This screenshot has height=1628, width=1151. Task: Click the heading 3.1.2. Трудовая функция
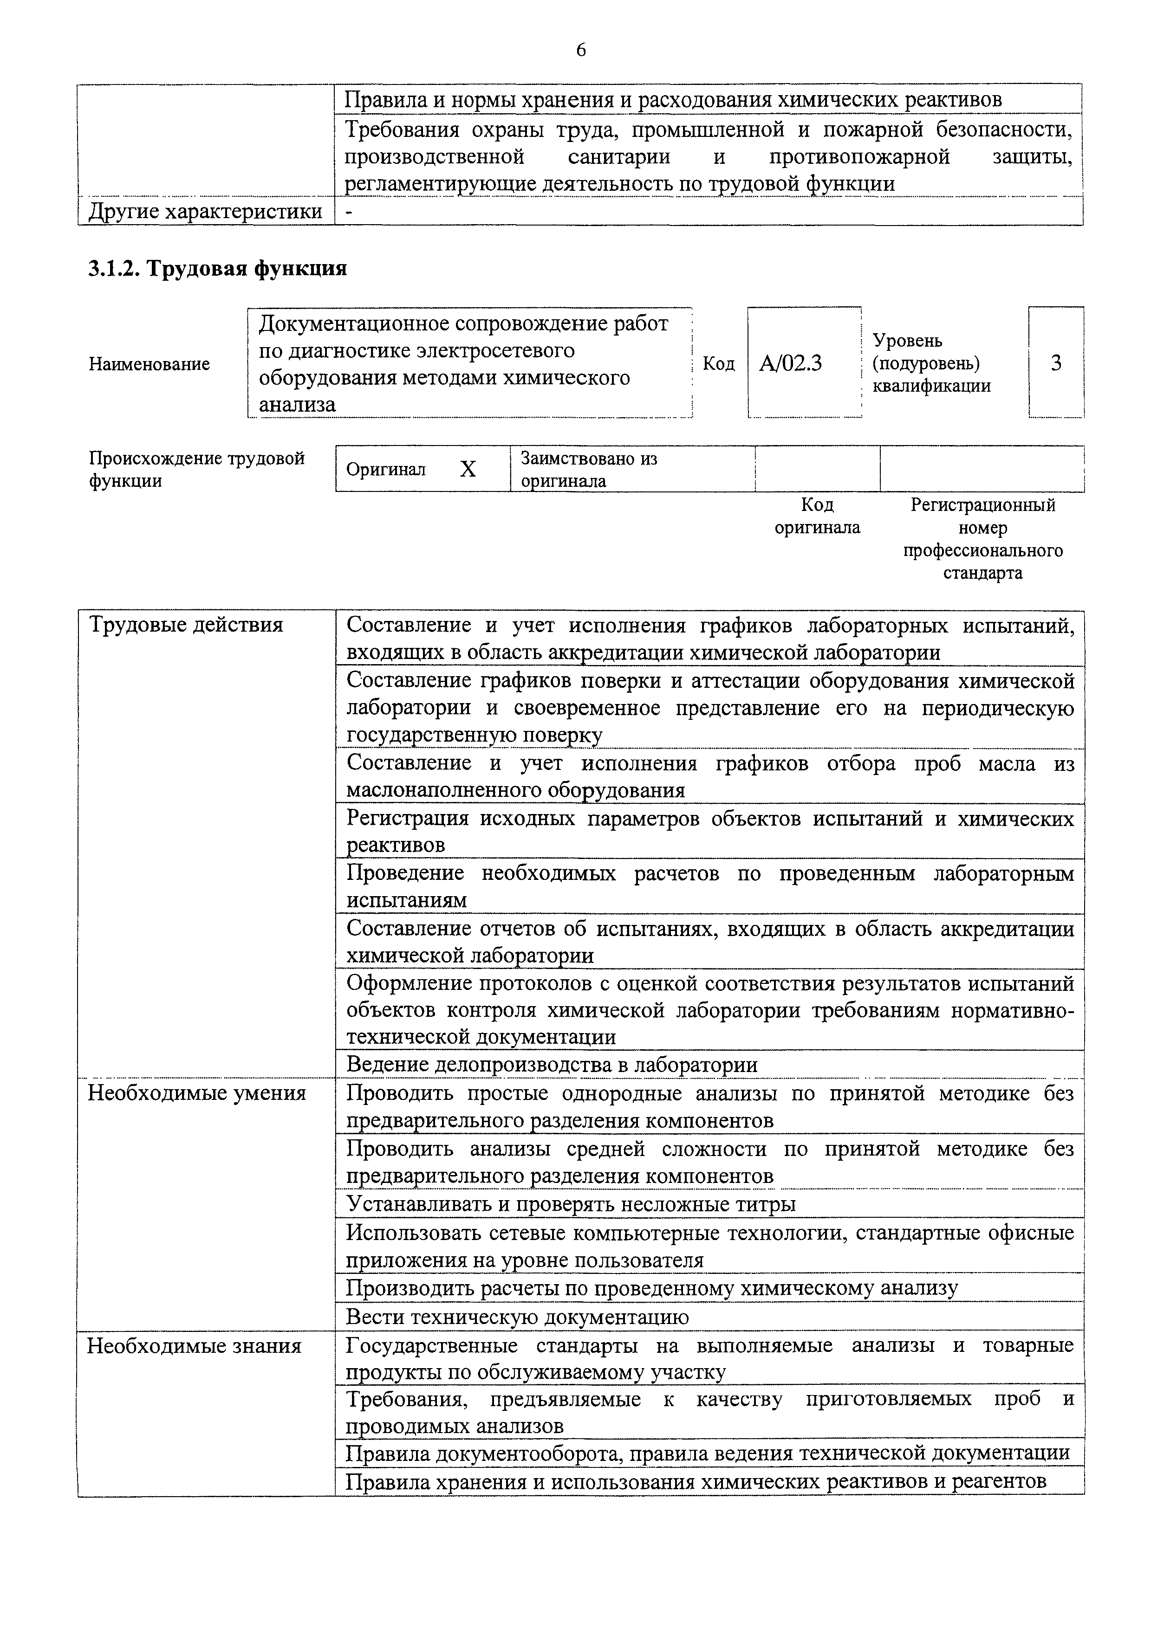pos(218,269)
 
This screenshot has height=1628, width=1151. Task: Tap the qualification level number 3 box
pos(1055,363)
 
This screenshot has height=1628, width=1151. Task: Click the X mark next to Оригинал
pos(468,469)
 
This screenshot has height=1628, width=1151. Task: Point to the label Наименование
pos(149,364)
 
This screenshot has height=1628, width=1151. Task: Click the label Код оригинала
pos(817,516)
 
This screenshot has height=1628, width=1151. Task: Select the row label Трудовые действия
pos(186,626)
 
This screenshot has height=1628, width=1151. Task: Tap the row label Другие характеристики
pos(205,211)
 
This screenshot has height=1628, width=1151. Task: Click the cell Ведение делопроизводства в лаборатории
pos(552,1064)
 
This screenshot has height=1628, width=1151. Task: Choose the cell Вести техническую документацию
pos(517,1317)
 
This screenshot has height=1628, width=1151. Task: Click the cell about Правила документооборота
pos(707,1453)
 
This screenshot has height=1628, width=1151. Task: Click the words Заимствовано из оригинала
pos(589,469)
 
